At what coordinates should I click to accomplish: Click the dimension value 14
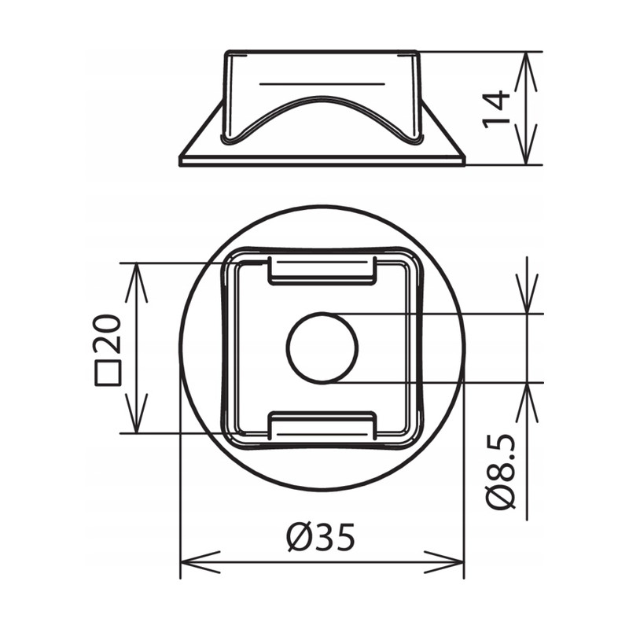[x=496, y=109]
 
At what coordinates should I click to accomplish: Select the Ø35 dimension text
[x=322, y=537]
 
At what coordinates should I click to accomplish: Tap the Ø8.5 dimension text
[x=500, y=471]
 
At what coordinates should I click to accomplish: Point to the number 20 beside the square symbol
[x=106, y=333]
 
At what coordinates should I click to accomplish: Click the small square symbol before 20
[x=108, y=373]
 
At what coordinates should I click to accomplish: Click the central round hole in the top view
[x=322, y=348]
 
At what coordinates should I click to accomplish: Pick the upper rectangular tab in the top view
[x=322, y=270]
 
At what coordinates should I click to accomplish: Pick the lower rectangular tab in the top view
[x=322, y=425]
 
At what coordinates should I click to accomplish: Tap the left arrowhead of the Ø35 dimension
[x=200, y=562]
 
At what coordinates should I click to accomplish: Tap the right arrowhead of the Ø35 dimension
[x=444, y=562]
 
